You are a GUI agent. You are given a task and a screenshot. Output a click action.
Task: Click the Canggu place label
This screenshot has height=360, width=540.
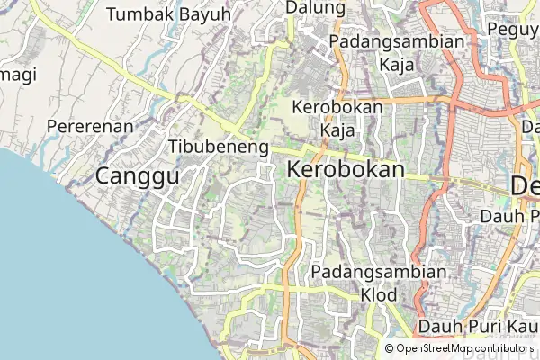click(x=137, y=176)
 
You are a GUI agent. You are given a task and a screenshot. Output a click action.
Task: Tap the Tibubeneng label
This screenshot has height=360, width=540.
click(x=219, y=147)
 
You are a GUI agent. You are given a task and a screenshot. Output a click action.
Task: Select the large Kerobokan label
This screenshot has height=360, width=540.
click(x=346, y=169)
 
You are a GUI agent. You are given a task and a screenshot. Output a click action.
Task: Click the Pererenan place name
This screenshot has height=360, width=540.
click(x=90, y=127)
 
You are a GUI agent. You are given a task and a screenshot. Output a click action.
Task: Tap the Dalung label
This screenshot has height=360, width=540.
click(x=315, y=8)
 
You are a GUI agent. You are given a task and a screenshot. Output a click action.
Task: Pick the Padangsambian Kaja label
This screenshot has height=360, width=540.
click(x=397, y=53)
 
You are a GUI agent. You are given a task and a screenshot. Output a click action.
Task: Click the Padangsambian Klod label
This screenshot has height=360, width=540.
click(x=379, y=283)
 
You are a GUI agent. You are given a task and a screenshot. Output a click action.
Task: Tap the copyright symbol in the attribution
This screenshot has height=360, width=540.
click(x=389, y=348)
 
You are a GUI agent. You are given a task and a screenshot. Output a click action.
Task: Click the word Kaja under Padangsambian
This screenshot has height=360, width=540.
click(x=397, y=66)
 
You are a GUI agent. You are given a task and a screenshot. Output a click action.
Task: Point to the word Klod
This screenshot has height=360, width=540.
click(x=379, y=294)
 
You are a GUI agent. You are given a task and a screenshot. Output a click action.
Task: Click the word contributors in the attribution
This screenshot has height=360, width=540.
click(x=500, y=348)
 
